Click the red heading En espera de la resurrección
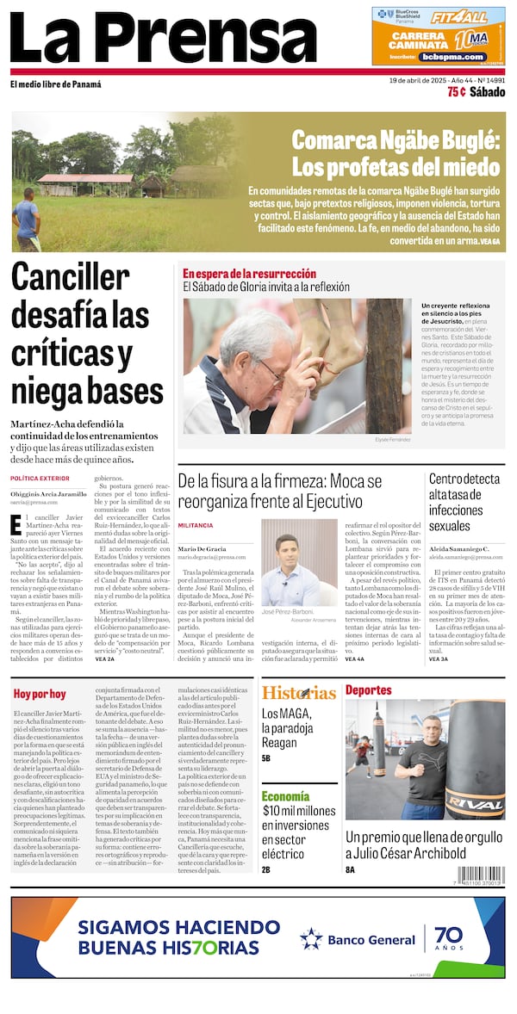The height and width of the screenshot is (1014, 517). [x=249, y=274]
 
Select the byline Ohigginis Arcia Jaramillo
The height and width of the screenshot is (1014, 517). [x=48, y=494]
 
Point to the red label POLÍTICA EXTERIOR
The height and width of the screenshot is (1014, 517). [x=40, y=478]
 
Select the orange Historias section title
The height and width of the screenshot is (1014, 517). [x=298, y=693]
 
